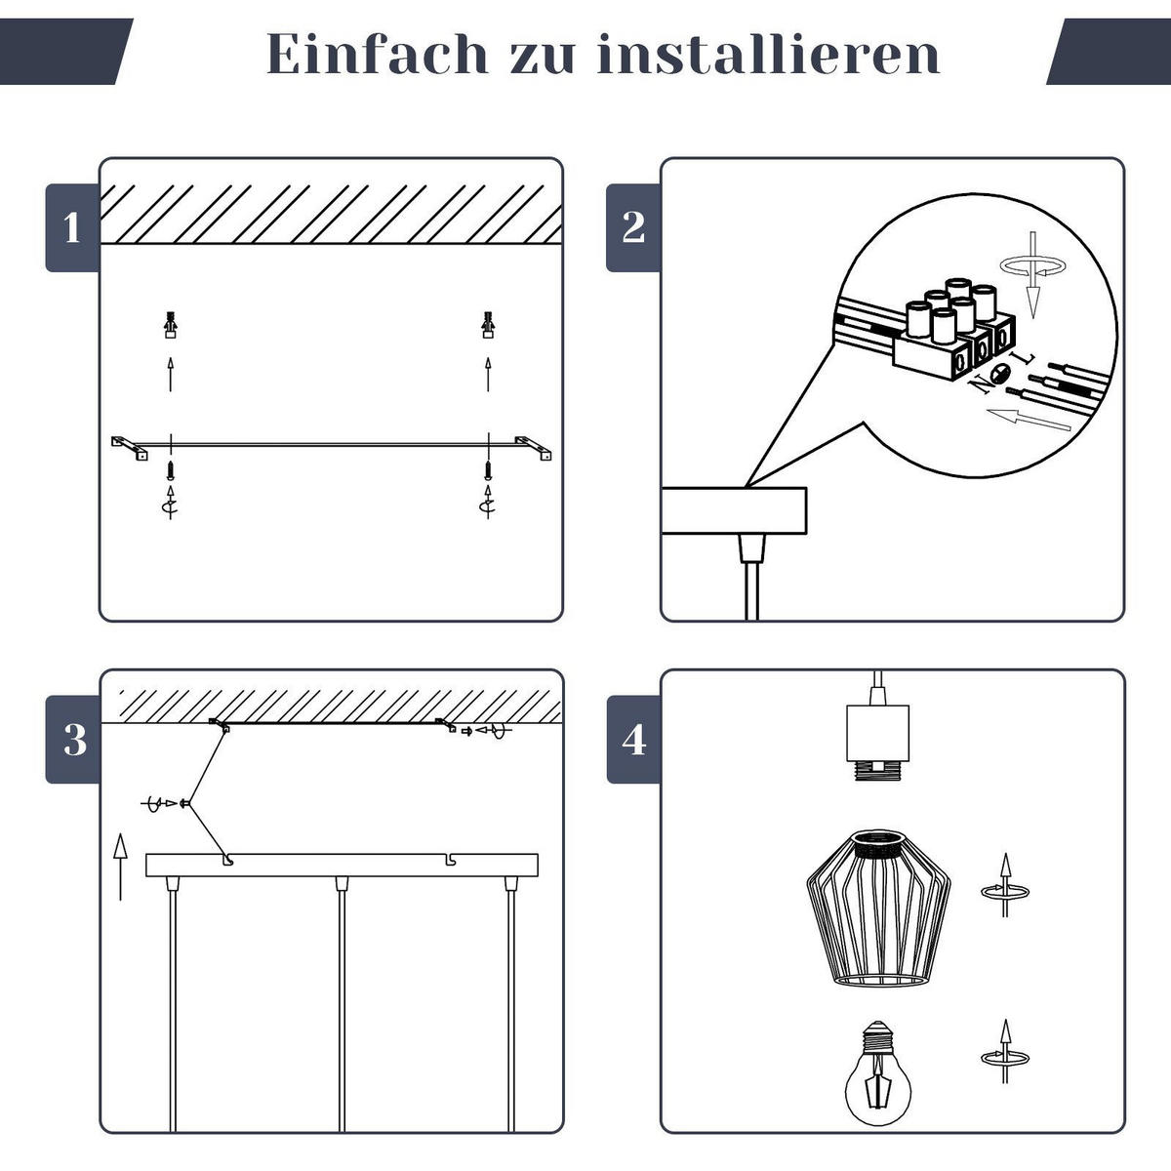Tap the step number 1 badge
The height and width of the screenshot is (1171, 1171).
(72, 228)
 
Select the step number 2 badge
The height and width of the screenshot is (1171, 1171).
(633, 228)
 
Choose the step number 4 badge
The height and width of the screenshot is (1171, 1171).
(633, 741)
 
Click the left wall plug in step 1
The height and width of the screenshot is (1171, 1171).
(171, 324)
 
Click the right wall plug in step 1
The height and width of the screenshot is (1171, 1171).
(488, 324)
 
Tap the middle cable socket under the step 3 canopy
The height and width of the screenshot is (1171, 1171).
(341, 883)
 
